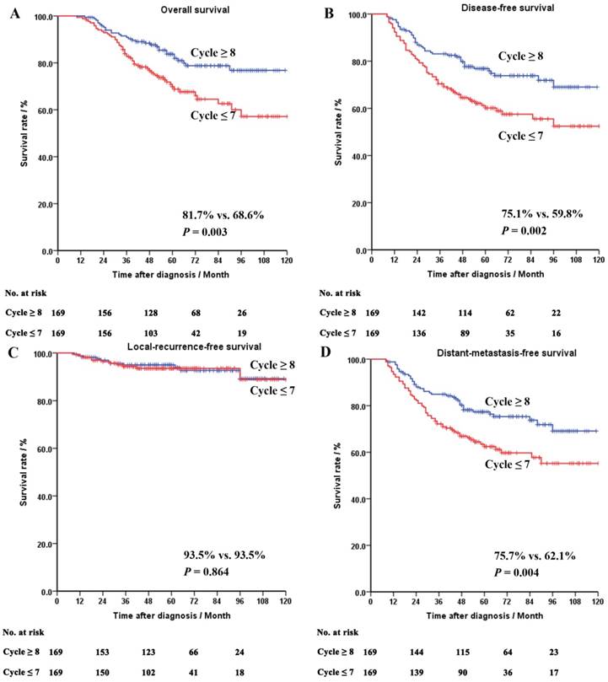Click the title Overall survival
tap(172, 8)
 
